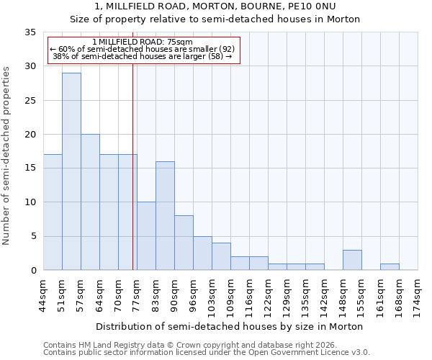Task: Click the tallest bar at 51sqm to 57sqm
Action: pos(71,171)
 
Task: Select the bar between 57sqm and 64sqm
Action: pos(90,202)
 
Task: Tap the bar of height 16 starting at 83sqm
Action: pos(165,215)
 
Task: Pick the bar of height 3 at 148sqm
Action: pos(352,260)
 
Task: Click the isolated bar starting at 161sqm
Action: pos(390,266)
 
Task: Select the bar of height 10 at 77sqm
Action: pos(146,236)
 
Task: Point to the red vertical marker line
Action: pos(133,166)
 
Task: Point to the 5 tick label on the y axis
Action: pos(32,237)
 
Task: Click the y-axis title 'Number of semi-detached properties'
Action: pos(7,155)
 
